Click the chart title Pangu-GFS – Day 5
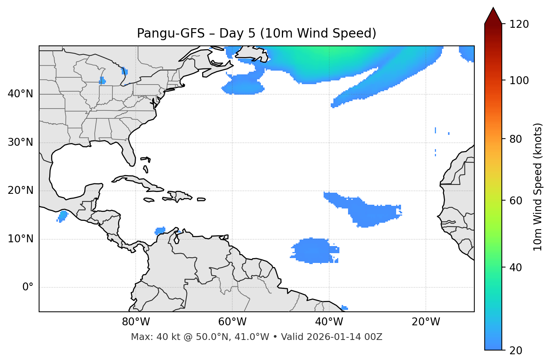coord(256,33)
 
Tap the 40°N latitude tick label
coord(20,94)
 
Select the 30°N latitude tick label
coord(20,142)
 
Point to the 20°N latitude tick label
coord(20,190)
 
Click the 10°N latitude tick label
coord(20,239)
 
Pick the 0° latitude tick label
coord(28,287)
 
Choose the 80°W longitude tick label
coord(136,322)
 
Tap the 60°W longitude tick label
coord(232,322)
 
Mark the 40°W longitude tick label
coord(329,322)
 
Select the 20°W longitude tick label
coord(425,322)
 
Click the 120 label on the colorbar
coord(519,24)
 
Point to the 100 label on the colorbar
coord(519,80)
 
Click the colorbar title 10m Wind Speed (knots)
coord(538,187)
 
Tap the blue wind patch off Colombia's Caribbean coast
coord(160,231)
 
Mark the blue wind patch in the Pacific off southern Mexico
coord(62,216)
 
